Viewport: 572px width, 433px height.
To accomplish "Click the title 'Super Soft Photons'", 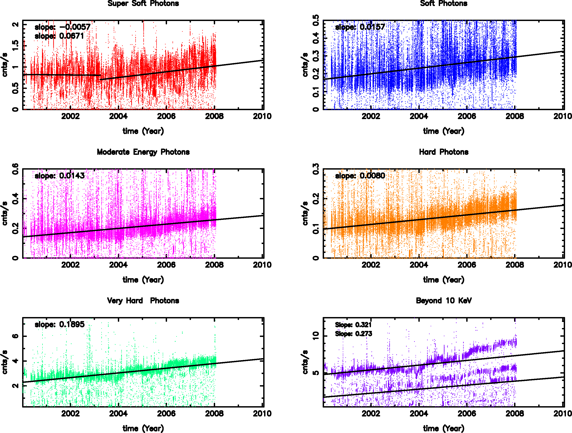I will tap(143, 3).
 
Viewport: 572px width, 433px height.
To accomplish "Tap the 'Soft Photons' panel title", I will tap(443, 3).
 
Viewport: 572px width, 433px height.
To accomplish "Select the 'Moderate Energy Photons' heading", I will tap(143, 152).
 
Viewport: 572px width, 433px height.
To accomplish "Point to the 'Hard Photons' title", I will tap(443, 152).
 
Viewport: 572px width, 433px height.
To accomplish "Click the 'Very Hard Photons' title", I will tap(143, 301).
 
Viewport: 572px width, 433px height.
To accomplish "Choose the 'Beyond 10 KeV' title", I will tap(443, 301).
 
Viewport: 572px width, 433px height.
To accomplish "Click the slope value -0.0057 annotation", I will tap(63, 27).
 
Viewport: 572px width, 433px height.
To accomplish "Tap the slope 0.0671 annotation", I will tap(59, 36).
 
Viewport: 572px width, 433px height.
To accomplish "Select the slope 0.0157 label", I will tap(360, 27).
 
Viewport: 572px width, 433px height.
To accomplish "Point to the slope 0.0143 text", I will tap(59, 176).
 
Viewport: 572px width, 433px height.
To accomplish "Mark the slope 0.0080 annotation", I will tap(360, 176).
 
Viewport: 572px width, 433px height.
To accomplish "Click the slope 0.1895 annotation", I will tap(59, 324).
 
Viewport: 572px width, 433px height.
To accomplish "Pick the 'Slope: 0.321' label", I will tap(353, 325).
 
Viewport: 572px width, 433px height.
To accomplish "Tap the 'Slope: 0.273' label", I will tap(353, 334).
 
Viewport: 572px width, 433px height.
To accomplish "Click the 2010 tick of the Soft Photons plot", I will tap(562, 116).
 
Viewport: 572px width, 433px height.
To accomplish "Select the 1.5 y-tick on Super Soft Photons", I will tap(15, 46).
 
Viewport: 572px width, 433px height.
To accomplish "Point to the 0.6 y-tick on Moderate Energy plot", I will tap(15, 169).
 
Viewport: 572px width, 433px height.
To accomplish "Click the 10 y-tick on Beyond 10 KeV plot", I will tap(316, 336).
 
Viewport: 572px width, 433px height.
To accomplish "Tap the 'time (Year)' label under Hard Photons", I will tap(443, 280).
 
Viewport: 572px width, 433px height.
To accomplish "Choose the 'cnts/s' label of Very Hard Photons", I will tap(5, 362).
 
